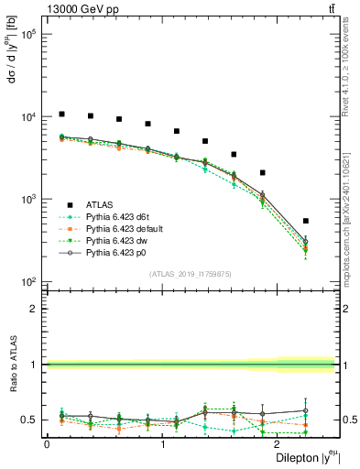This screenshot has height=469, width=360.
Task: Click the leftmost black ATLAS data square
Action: click(x=61, y=115)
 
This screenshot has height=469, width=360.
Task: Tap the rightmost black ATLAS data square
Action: click(x=305, y=221)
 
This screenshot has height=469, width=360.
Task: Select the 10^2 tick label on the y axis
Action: click(x=27, y=281)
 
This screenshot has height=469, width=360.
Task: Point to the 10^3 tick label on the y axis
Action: click(x=27, y=199)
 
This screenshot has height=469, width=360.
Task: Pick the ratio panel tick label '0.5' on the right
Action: click(x=348, y=420)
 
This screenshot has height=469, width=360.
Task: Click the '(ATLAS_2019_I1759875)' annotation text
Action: click(x=191, y=273)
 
